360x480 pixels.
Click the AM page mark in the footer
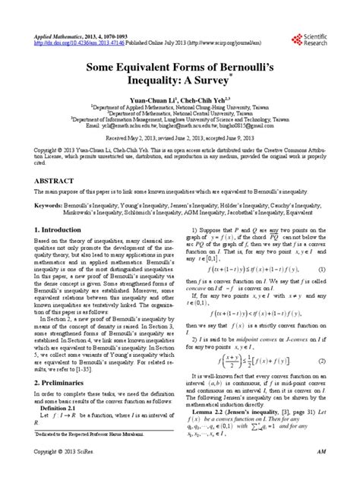321,472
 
